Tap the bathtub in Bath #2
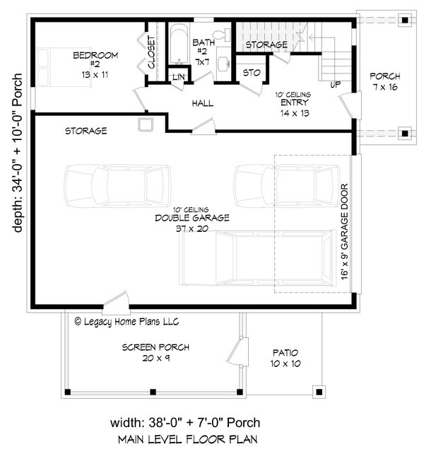tap(179, 44)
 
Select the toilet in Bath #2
tap(223, 35)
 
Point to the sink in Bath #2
tap(223, 64)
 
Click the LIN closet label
tap(179, 77)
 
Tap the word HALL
tap(203, 103)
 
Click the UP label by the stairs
tap(335, 85)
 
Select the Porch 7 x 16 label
tap(385, 81)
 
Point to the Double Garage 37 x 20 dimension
tap(192, 228)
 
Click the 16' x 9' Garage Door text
tap(344, 232)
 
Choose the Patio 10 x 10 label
tap(285, 358)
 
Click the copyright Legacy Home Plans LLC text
tap(126, 322)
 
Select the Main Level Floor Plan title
tap(187, 439)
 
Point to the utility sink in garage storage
tap(146, 124)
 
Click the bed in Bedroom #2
tap(64, 67)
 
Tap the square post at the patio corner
tap(319, 392)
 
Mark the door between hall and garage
tap(204, 127)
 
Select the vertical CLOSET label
tap(151, 52)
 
